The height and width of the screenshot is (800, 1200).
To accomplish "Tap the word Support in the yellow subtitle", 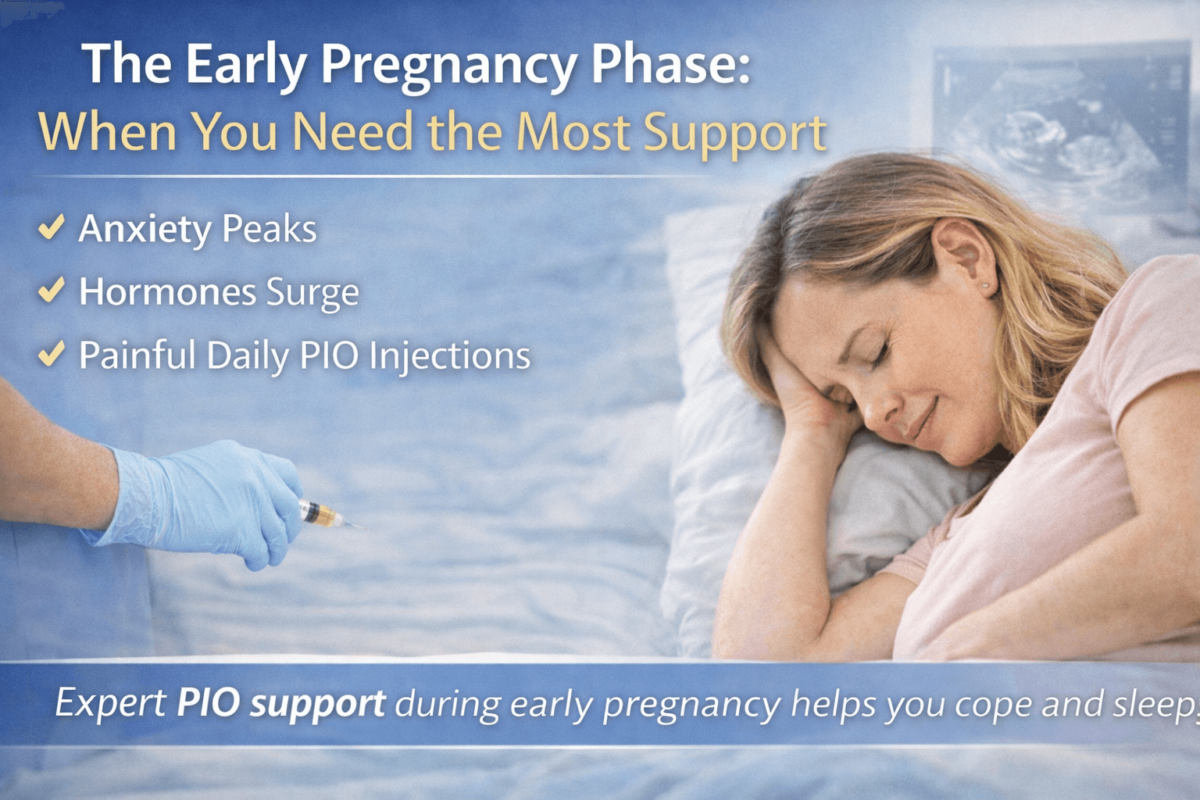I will click(x=734, y=133).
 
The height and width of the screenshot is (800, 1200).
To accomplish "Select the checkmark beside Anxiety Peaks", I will click(x=52, y=227).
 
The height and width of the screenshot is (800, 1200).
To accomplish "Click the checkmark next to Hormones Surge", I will click(x=52, y=290).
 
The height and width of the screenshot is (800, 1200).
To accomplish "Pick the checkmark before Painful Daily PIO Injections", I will click(x=52, y=353).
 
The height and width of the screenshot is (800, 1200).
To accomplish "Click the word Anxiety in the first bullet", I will click(x=145, y=230).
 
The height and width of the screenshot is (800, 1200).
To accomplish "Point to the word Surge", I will click(x=312, y=293).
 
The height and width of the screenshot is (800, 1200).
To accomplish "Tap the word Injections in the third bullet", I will click(x=450, y=356).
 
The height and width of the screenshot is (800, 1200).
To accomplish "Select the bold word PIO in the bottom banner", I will click(x=208, y=703).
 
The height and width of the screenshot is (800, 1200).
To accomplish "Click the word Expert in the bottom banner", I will click(x=110, y=703).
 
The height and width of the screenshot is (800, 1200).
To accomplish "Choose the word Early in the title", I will click(x=245, y=66).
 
